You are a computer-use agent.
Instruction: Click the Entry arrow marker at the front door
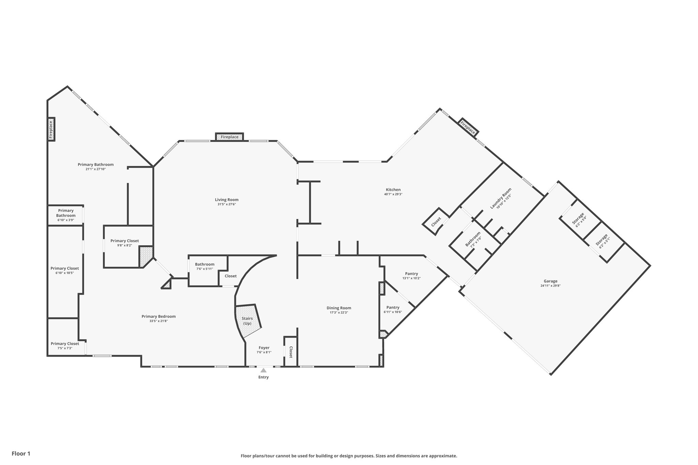pyautogui.click(x=263, y=370)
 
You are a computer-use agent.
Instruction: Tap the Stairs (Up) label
pyautogui.click(x=247, y=321)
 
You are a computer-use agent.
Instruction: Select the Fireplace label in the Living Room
pyautogui.click(x=230, y=137)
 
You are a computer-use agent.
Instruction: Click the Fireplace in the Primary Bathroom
pyautogui.click(x=51, y=129)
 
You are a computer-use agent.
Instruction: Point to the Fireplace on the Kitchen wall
pyautogui.click(x=468, y=127)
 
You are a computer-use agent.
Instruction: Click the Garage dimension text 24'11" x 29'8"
pyautogui.click(x=550, y=286)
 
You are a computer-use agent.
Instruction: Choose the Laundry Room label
pyautogui.click(x=501, y=198)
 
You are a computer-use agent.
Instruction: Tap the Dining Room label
pyautogui.click(x=339, y=308)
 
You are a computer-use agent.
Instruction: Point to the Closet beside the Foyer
pyautogui.click(x=291, y=352)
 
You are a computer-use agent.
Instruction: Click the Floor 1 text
pyautogui.click(x=21, y=453)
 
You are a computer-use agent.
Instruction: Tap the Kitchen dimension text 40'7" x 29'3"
pyautogui.click(x=393, y=194)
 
